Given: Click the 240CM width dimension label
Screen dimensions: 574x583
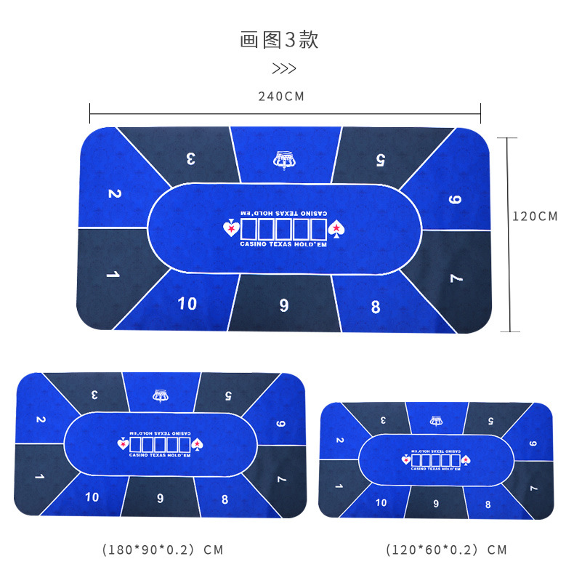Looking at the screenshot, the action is tap(281, 96).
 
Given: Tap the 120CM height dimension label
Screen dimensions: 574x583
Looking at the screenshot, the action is tap(535, 216).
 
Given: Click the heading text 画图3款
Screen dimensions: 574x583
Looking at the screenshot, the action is tap(280, 39).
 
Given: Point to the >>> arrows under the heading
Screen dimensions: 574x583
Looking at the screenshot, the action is tap(284, 69).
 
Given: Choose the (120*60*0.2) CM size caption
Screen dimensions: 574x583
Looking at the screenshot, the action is tap(445, 550).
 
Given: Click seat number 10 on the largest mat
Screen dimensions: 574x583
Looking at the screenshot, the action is tap(187, 303).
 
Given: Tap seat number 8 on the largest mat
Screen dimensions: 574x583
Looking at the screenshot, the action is tap(376, 307).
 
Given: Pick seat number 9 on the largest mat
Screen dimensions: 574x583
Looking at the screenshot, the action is tap(283, 305).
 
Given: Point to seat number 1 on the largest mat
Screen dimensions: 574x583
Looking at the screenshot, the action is tap(113, 275).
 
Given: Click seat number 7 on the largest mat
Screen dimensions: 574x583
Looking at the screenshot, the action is tap(456, 278).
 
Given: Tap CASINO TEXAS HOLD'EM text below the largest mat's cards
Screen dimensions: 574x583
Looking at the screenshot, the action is tap(283, 244).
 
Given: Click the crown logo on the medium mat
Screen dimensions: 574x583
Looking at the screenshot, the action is tap(160, 395).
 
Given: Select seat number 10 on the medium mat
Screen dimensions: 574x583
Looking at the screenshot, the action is tap(92, 497).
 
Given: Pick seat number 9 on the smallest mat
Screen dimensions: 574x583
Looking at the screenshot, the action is tap(436, 503).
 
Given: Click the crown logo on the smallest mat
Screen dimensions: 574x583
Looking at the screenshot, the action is tap(436, 420).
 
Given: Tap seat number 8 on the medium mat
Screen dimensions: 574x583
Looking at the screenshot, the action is tap(225, 499).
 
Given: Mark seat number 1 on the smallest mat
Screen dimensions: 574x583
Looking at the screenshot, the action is tap(339, 485).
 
